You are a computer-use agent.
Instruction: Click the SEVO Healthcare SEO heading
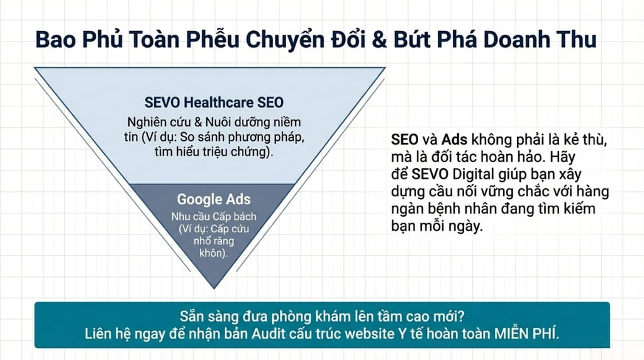pos(214,103)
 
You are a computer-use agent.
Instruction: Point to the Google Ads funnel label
pos(214,200)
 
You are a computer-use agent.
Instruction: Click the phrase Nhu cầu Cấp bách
pos(213,217)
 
